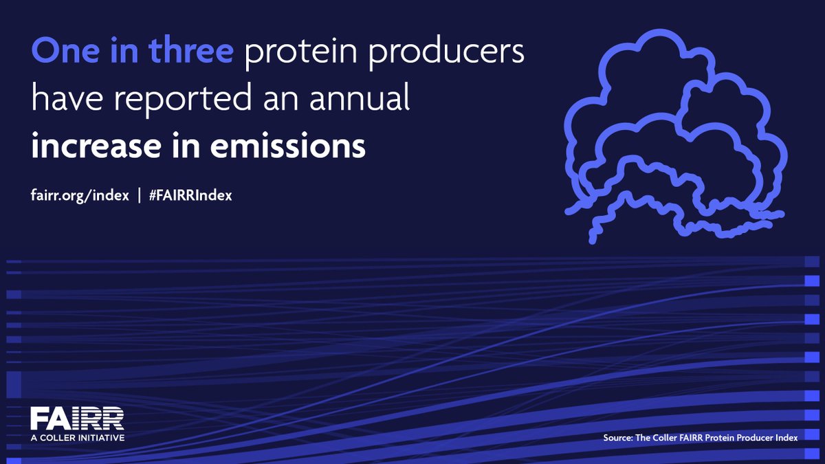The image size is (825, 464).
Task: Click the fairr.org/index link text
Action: pos(80,195)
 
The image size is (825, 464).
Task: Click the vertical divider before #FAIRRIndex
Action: pos(140,195)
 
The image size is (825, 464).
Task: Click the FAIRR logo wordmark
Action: pos(77,418)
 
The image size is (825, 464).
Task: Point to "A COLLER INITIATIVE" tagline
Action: pos(77,437)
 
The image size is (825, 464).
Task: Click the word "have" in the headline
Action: pos(62,100)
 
